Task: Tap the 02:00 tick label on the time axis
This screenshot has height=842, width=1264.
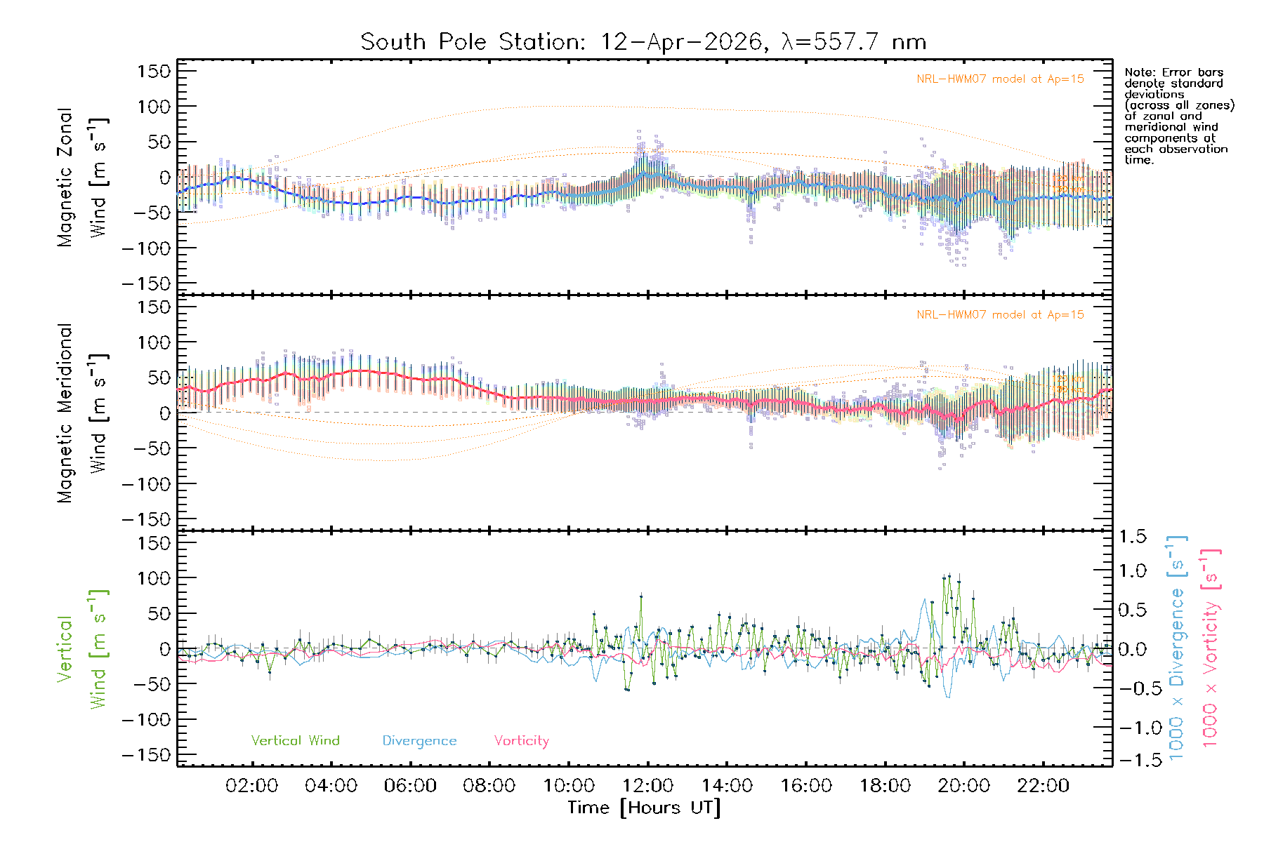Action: [x=251, y=786]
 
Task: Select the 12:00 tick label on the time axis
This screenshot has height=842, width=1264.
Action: [x=647, y=786]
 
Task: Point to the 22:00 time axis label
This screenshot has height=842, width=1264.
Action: [x=1043, y=786]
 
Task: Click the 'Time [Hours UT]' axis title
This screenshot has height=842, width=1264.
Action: [x=644, y=808]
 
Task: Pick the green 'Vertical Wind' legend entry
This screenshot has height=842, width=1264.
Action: [x=295, y=740]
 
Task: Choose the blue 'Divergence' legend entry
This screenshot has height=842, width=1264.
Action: [x=419, y=740]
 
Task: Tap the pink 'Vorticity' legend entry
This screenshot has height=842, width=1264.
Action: [x=521, y=740]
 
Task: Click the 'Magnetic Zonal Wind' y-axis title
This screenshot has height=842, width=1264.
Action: [x=81, y=178]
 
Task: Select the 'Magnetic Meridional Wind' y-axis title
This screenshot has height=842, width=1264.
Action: [x=81, y=413]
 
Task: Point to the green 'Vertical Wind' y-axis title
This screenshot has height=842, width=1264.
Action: [x=81, y=649]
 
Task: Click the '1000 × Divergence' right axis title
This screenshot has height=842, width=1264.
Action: [x=1177, y=649]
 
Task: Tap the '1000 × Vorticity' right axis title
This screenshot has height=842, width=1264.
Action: [x=1211, y=649]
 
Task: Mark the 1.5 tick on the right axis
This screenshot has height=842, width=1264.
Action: [x=1132, y=537]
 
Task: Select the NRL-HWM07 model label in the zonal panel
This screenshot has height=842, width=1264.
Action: [x=1000, y=79]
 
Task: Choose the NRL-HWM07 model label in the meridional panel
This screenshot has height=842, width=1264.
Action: [x=1000, y=315]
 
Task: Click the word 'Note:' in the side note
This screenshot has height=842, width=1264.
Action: [x=1138, y=72]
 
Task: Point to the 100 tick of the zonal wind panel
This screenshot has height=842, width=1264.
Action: [x=154, y=107]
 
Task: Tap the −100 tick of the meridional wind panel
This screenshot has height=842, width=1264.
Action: [x=147, y=484]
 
